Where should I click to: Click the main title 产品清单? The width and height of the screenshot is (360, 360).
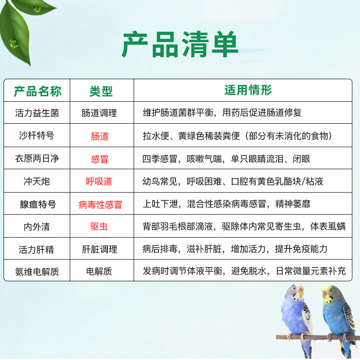(x=180, y=44)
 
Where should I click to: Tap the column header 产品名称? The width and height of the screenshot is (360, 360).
(x=37, y=91)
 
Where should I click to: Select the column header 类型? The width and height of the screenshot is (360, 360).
(x=101, y=91)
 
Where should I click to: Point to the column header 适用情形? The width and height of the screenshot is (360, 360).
(x=248, y=90)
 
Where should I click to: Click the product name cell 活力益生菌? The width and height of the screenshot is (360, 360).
(x=37, y=113)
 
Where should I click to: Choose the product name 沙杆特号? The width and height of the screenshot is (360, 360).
(x=37, y=135)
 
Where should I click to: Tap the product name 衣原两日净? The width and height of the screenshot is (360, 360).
(x=37, y=158)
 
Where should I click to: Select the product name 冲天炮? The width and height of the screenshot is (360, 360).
(x=37, y=181)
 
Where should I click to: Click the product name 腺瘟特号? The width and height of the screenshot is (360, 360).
(x=38, y=204)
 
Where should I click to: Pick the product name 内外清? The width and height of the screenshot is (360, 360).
(x=37, y=227)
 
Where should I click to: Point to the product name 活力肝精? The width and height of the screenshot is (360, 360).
(x=36, y=250)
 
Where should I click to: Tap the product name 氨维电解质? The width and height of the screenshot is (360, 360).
(x=37, y=272)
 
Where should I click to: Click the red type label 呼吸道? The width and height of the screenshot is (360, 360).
(x=99, y=181)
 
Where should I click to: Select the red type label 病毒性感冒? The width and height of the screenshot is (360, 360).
(x=100, y=205)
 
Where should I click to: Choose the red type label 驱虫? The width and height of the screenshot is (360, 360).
(x=99, y=227)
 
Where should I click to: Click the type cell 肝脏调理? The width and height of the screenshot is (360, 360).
(x=99, y=249)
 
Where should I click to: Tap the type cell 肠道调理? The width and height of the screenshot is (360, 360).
(x=99, y=113)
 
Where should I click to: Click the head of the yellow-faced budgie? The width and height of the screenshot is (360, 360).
(x=331, y=293)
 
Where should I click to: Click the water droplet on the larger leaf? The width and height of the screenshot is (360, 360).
(x=13, y=43)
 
